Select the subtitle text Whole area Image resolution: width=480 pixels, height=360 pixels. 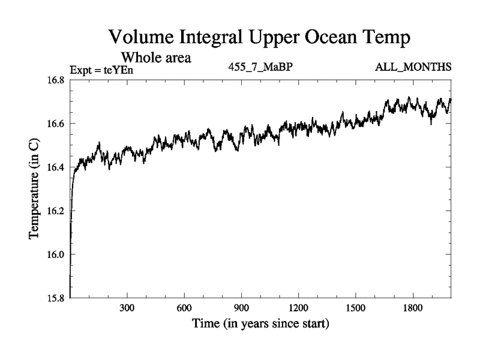pos(156,58)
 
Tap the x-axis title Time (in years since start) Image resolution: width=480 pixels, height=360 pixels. pos(260,325)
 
